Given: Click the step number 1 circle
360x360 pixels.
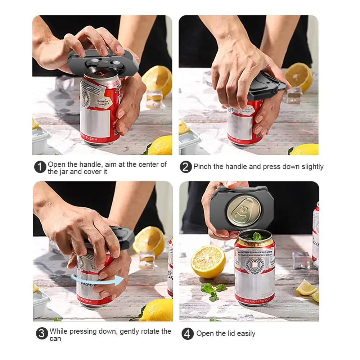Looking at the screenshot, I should tap(41, 167).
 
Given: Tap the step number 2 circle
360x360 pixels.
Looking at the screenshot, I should tap(186, 167).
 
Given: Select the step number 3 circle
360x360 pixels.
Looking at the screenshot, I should tap(42, 334).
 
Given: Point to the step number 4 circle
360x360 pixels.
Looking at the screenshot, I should tap(187, 334).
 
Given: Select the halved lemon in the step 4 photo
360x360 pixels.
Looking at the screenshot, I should tap(208, 261).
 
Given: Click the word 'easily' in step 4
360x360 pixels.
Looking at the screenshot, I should tap(246, 334).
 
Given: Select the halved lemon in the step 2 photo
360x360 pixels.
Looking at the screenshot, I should tap(298, 77).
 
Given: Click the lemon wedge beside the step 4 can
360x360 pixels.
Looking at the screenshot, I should tap(306, 288).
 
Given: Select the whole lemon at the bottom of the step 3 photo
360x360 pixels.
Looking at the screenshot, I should tap(156, 311).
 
